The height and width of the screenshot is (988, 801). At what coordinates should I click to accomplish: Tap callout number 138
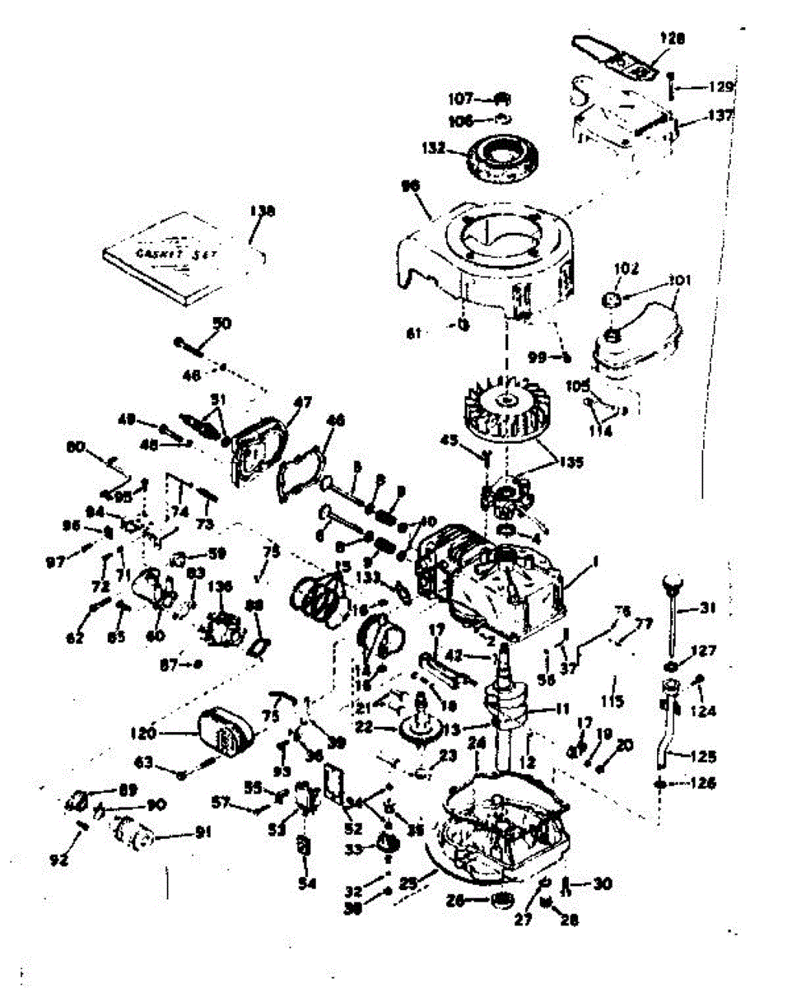pos(264,212)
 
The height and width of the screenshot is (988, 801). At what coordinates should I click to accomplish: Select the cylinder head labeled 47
pos(260,450)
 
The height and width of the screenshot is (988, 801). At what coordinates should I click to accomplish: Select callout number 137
pos(720,116)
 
